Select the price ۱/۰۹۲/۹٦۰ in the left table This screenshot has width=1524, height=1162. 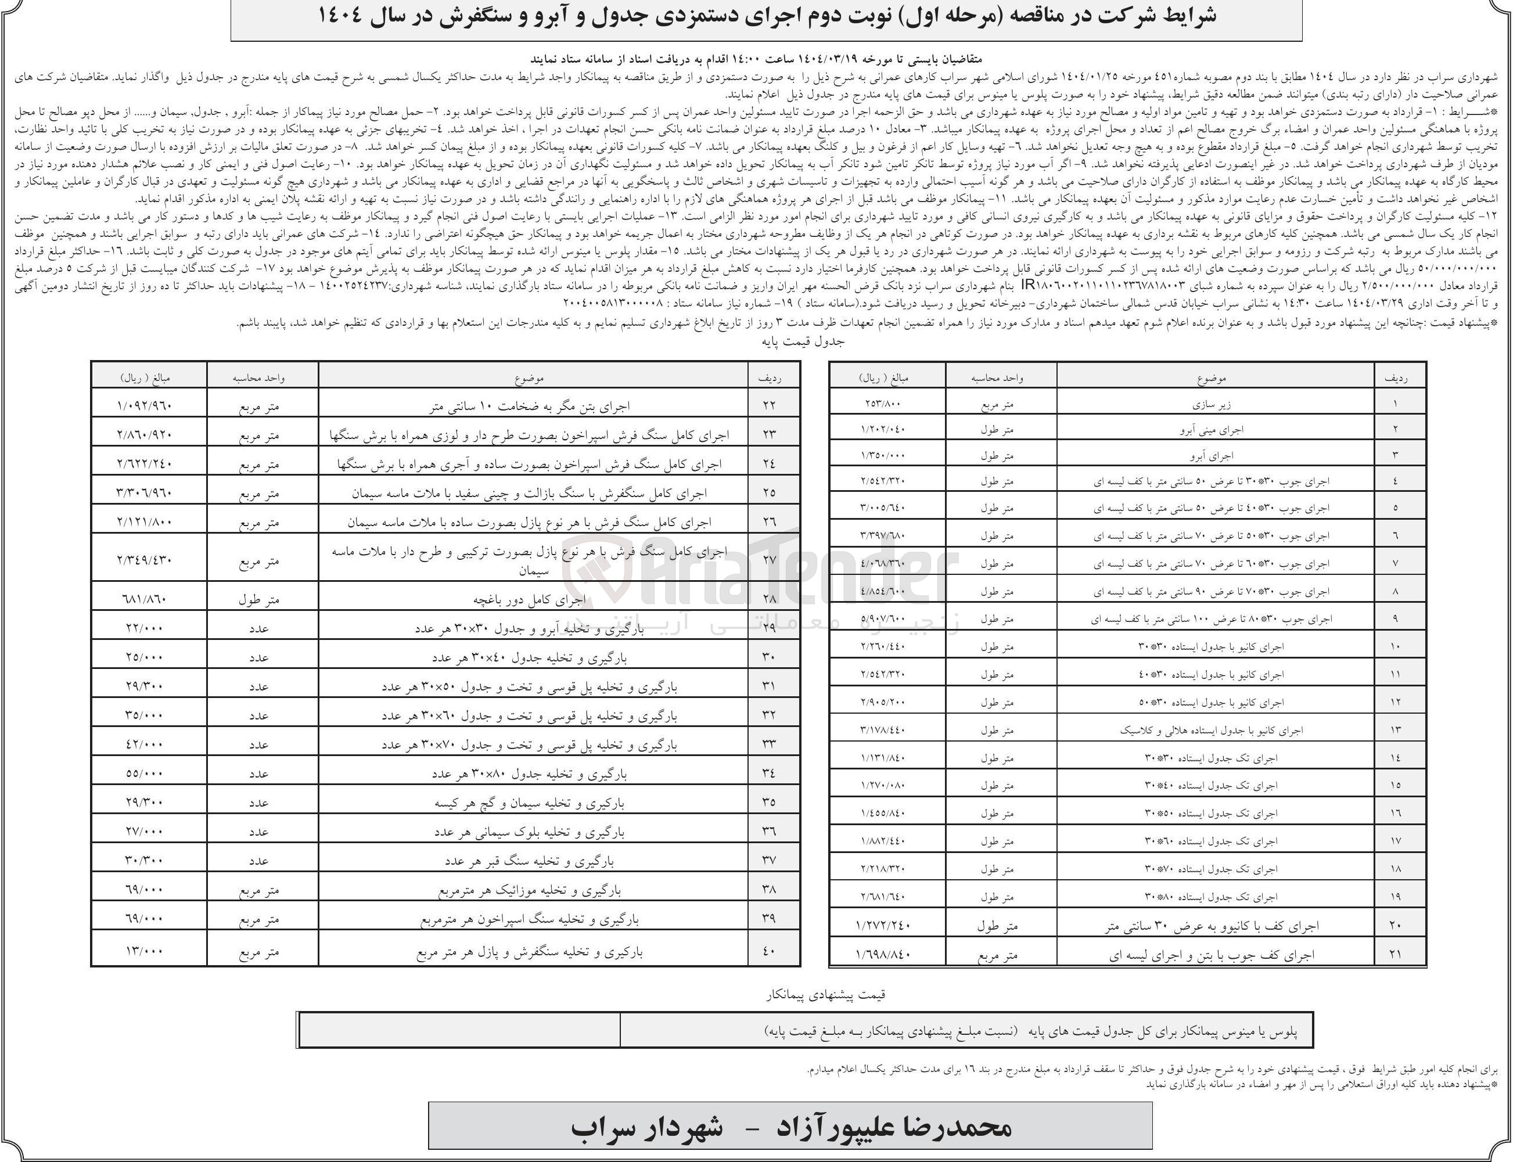(144, 405)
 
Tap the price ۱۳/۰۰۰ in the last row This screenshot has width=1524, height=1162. (144, 952)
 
